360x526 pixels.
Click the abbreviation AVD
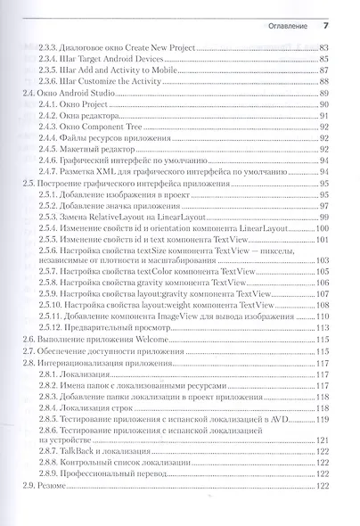(299, 418)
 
